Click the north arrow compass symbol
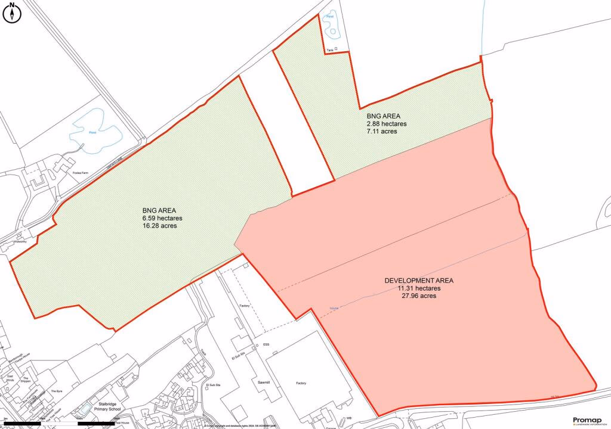click(x=13, y=13)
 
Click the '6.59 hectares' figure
click(x=162, y=218)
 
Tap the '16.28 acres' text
click(x=162, y=226)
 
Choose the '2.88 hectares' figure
click(x=386, y=124)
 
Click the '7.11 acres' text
click(x=382, y=132)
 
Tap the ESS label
click(x=266, y=345)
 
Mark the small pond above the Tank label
click(x=329, y=25)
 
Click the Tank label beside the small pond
click(x=330, y=50)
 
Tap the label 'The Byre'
click(x=57, y=391)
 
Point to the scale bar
click(x=60, y=423)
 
